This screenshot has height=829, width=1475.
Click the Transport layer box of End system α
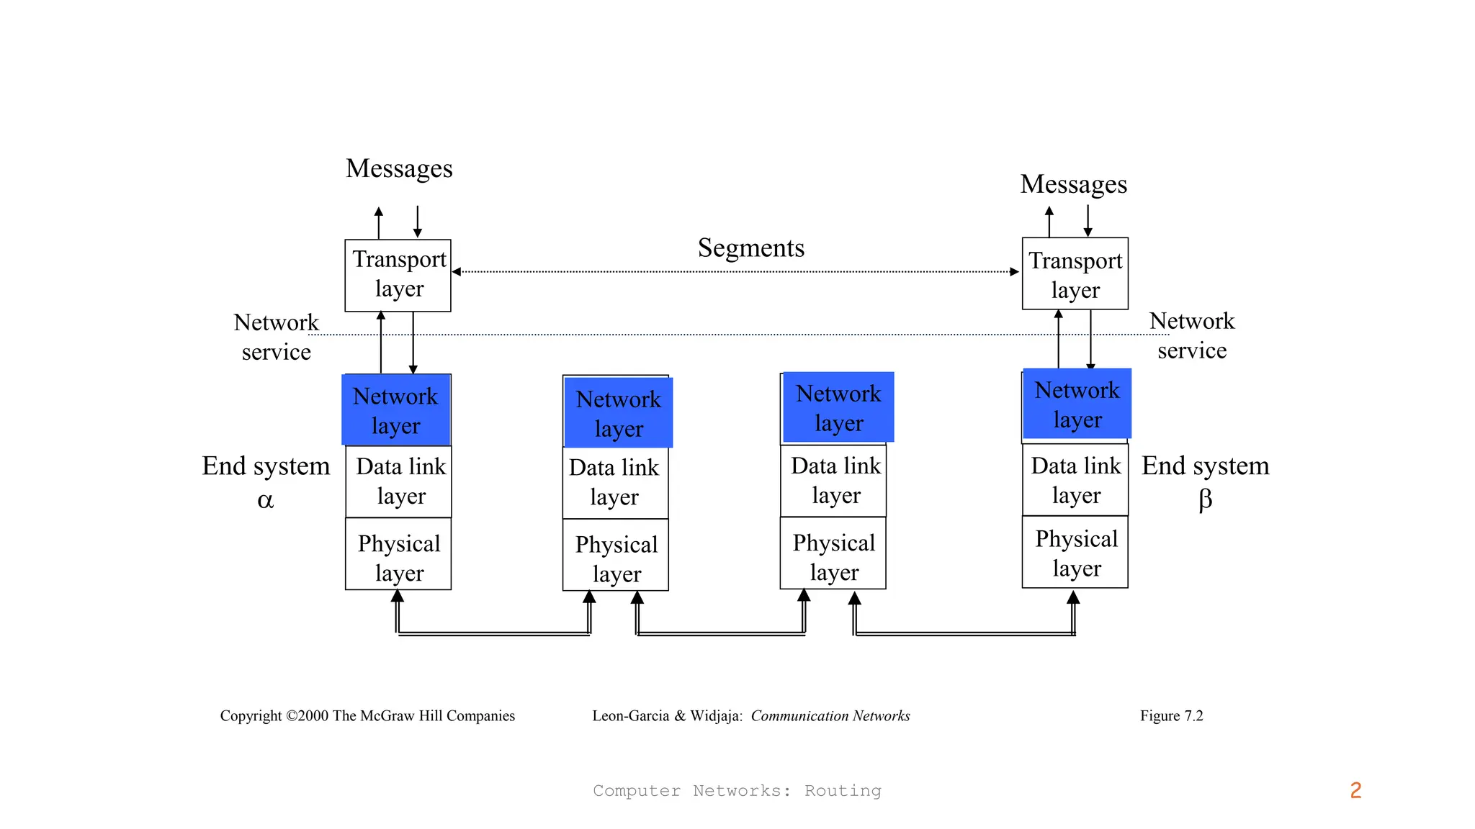[x=398, y=275]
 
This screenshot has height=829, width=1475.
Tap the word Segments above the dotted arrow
[x=750, y=248]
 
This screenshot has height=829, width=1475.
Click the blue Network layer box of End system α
[x=396, y=410]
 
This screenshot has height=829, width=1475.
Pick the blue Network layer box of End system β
[x=1077, y=404]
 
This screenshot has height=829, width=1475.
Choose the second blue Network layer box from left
[x=618, y=413]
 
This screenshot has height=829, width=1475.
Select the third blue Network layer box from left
[x=838, y=407]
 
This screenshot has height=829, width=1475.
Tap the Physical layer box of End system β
[x=1075, y=553]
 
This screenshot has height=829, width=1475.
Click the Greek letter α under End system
[x=265, y=500]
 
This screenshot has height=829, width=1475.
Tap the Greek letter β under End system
[x=1205, y=499]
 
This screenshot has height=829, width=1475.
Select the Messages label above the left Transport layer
[x=399, y=169]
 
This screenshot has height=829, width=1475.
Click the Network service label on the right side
[x=1191, y=335]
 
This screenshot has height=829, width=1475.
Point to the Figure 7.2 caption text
[x=1171, y=715]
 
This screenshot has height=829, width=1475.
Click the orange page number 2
[x=1355, y=790]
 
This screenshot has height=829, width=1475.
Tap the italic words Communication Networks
[x=830, y=715]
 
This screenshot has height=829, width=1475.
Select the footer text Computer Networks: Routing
[x=737, y=790]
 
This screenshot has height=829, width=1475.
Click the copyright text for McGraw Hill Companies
[x=367, y=715]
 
